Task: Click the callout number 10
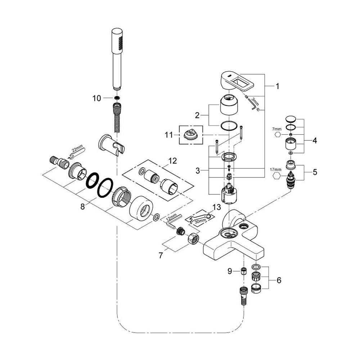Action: (x=96, y=98)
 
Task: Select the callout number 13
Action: (x=216, y=207)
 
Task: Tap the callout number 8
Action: (x=83, y=207)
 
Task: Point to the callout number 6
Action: (x=279, y=280)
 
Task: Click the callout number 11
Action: (x=169, y=135)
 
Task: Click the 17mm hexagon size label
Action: (x=275, y=170)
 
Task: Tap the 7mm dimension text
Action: (x=276, y=129)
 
